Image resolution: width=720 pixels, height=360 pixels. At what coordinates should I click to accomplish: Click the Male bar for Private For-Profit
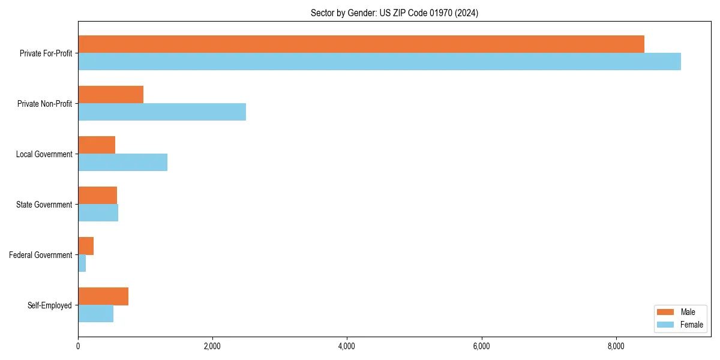361,44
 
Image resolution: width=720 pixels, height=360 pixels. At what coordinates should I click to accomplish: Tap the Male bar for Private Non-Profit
110,95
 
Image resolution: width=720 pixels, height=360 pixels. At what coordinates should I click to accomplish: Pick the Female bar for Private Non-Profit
162,112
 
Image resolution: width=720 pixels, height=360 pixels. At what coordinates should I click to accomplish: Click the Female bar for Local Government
122,163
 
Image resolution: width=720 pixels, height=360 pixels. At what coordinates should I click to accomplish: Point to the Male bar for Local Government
97,145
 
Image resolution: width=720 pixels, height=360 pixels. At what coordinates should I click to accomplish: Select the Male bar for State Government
97,196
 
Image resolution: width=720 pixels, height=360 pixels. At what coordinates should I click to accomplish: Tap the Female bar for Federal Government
82,263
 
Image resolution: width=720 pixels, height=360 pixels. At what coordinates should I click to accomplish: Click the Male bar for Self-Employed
103,296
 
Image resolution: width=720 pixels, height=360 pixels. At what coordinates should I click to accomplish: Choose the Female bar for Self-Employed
95,314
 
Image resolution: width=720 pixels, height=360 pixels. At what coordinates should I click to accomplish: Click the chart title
394,13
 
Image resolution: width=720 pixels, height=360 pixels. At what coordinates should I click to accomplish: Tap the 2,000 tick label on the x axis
212,346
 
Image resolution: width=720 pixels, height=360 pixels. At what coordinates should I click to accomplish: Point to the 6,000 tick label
482,346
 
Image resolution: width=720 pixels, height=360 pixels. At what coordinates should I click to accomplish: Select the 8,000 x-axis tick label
616,346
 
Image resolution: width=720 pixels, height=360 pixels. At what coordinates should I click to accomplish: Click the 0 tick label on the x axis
78,346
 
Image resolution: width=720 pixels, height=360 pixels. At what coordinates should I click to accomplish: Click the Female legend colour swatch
666,325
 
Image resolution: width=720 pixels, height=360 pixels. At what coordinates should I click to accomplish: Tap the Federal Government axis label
41,255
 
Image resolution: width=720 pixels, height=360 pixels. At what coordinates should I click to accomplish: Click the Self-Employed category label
50,305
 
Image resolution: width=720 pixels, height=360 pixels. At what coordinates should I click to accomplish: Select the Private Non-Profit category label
44,104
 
